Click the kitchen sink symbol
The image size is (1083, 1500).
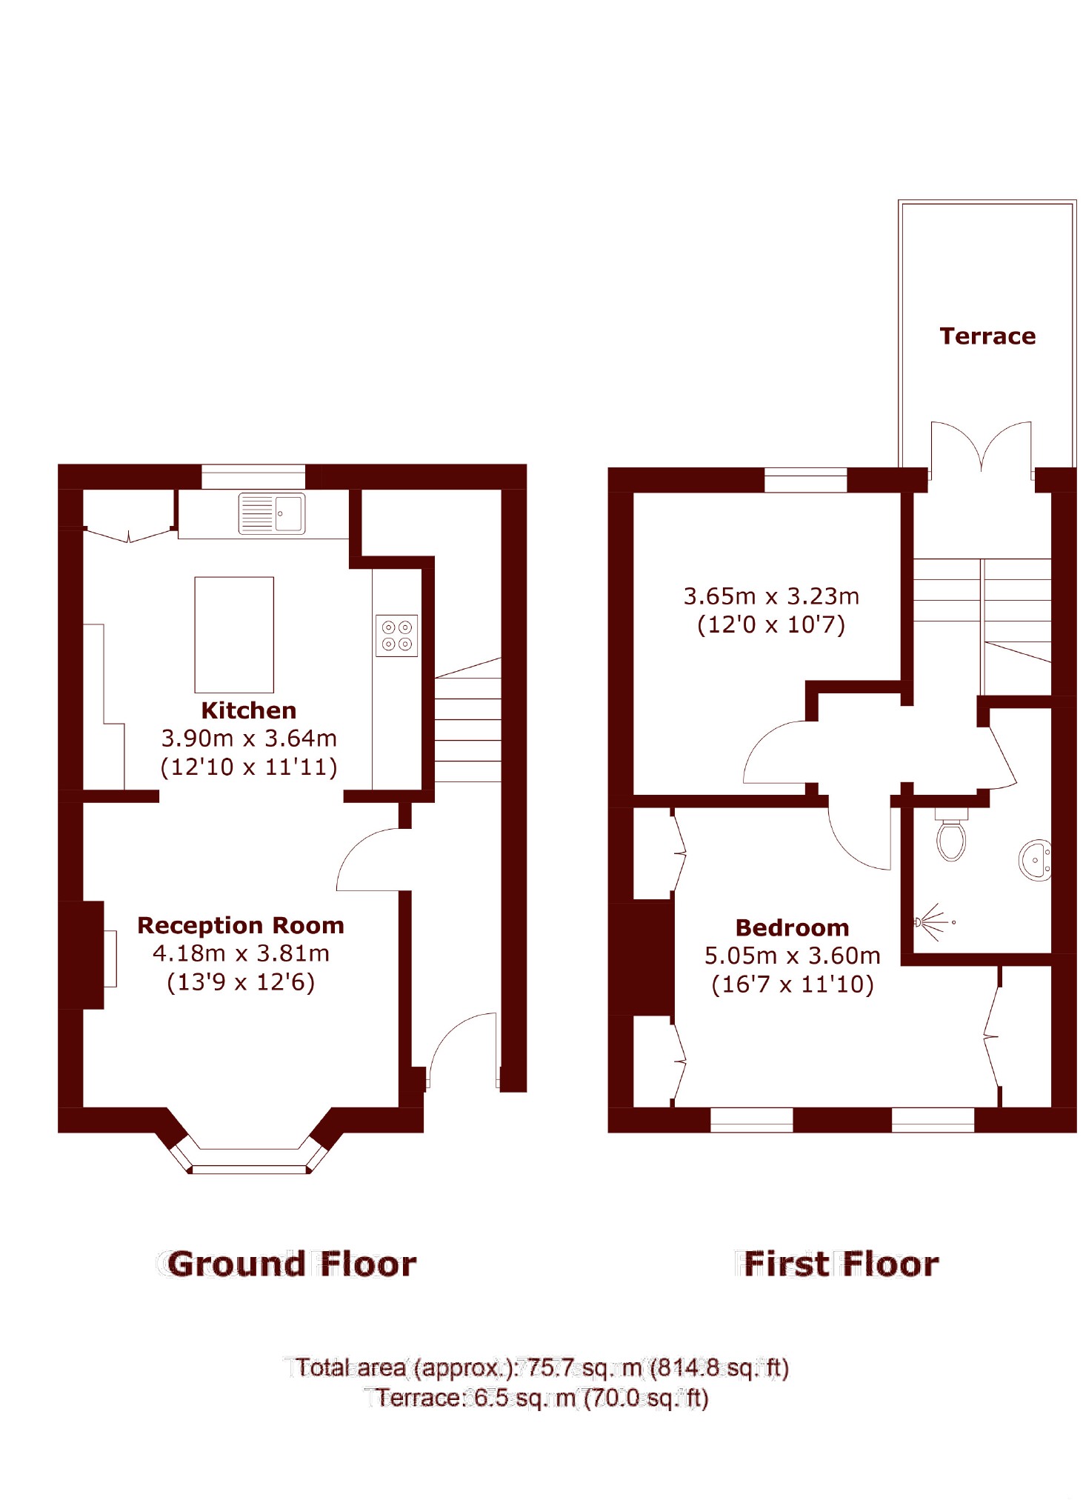(271, 513)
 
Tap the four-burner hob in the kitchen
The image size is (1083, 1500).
(396, 636)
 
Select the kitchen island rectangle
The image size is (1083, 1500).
(234, 634)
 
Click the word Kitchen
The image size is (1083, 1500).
(249, 710)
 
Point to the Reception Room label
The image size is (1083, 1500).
(241, 925)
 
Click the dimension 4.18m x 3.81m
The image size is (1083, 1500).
(241, 953)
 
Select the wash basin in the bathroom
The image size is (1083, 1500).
(1036, 860)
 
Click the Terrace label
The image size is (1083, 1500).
(987, 336)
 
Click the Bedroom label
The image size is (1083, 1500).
(792, 927)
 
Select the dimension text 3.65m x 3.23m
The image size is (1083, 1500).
(771, 596)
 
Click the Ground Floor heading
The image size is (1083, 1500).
(291, 1264)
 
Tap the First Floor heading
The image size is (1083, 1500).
(841, 1264)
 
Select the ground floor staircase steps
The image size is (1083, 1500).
(467, 730)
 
